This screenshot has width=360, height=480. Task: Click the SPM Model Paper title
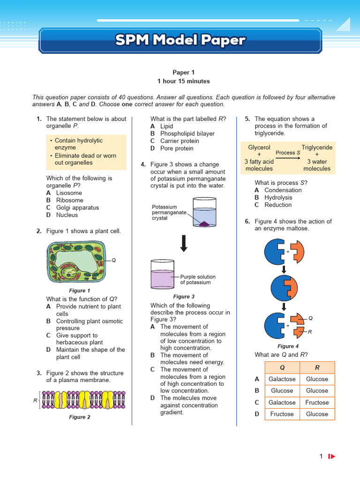point(180,40)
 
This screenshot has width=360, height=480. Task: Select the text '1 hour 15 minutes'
point(183,81)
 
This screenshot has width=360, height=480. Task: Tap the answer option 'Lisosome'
point(69,193)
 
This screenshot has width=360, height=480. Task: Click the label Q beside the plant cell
point(113,260)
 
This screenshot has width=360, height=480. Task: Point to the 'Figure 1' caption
point(80,291)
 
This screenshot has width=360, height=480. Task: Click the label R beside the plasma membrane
point(36,400)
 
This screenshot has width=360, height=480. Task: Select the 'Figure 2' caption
point(80,417)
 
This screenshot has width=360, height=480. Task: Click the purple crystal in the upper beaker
point(204,225)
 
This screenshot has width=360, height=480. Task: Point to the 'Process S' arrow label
point(288,153)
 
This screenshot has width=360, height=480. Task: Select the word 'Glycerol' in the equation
point(259,147)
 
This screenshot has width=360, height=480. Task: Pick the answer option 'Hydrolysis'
point(278,197)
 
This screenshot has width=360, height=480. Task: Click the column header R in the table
point(317,367)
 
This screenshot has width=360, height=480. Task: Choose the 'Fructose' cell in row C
point(317,402)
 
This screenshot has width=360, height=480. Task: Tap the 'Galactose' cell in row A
point(282,379)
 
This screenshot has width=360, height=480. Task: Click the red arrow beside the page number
point(332,456)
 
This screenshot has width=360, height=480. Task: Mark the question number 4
point(143,164)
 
